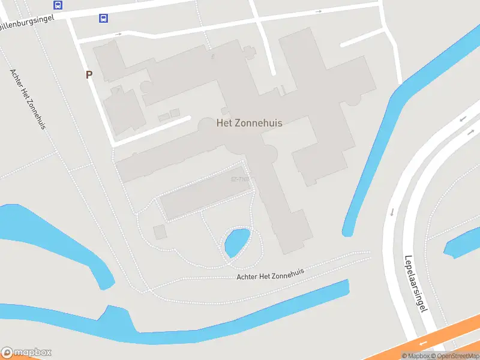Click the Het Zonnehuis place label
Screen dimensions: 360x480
(x=249, y=122)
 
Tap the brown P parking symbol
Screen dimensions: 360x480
(x=89, y=75)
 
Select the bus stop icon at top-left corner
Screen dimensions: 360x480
(x=58, y=5)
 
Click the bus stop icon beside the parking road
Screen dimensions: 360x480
(x=103, y=18)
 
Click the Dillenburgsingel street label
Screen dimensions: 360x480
(x=27, y=22)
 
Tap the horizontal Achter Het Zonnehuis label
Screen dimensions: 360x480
(x=270, y=274)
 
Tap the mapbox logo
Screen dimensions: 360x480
(x=26, y=352)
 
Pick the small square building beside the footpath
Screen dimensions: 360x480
(x=160, y=232)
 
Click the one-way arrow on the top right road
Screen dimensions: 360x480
(x=319, y=11)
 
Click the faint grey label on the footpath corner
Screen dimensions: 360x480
(x=239, y=179)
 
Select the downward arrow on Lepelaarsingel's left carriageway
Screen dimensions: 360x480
(x=392, y=212)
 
